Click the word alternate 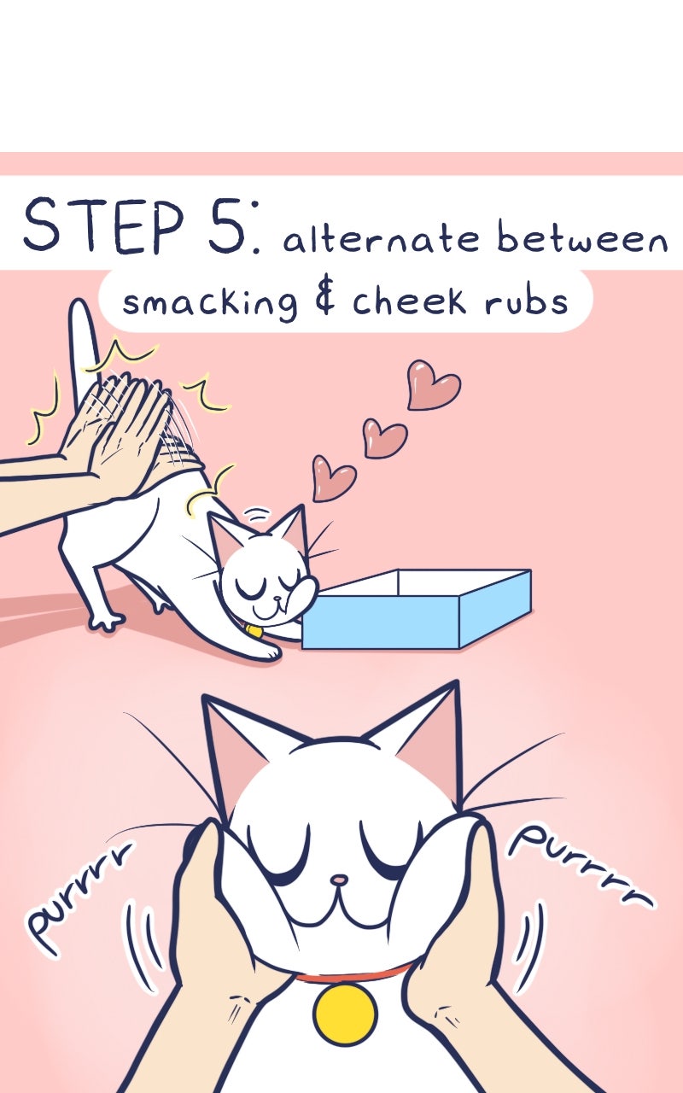381,238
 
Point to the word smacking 210,302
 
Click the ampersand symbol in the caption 324,299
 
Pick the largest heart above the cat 433,384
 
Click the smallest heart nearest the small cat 334,478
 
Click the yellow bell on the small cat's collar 254,631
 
